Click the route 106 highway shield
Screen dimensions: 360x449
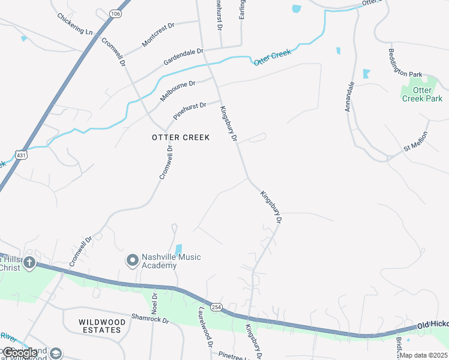pos(115,12)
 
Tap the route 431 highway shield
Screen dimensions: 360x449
pos(22,154)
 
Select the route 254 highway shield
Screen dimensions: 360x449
pos(217,307)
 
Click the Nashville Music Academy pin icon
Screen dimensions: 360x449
pos(132,260)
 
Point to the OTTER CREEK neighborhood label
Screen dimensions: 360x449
pos(181,137)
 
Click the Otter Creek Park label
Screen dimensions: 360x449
pos(423,94)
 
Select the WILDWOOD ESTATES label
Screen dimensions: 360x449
pos(103,326)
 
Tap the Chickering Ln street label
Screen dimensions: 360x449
pos(76,23)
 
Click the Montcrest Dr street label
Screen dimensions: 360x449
pos(158,35)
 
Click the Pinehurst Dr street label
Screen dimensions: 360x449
pos(190,111)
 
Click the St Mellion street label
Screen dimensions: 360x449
pos(415,142)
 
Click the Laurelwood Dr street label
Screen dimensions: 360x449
pos(206,328)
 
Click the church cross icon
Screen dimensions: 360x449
pos(29,263)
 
